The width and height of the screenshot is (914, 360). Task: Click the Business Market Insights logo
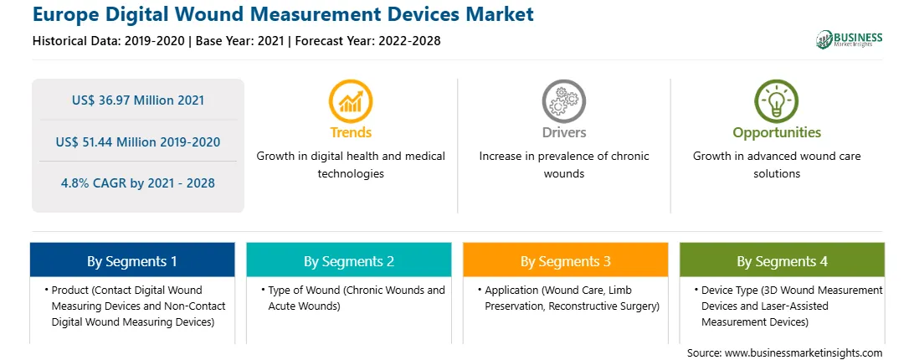point(850,39)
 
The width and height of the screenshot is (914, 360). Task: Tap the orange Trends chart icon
point(351,100)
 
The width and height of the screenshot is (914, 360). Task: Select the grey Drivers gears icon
point(563,100)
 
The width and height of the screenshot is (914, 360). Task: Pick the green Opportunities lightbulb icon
point(777,100)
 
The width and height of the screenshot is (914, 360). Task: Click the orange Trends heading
point(351,132)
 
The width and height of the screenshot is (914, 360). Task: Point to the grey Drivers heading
point(564,132)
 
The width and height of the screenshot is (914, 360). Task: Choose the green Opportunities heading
point(777,133)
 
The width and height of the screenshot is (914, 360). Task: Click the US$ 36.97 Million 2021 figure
point(138,100)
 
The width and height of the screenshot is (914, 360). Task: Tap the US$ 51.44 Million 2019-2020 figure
point(138,141)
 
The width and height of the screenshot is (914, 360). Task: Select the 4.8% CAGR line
point(138,183)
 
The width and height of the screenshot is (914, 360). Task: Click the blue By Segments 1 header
point(132,261)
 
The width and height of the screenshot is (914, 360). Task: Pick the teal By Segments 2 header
point(348,261)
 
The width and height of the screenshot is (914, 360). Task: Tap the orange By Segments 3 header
point(566,261)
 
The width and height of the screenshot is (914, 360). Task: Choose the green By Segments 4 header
point(783,261)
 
